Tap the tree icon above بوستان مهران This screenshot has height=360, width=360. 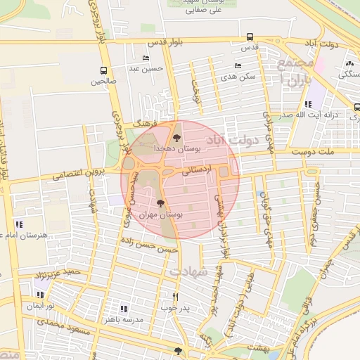(x=161, y=203)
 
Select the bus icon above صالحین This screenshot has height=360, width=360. (x=104, y=70)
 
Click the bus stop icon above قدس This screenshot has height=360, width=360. (x=250, y=37)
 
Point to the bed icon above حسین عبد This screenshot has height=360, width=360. (x=146, y=58)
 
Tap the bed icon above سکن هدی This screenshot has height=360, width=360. (x=238, y=65)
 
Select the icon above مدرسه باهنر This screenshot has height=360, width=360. (x=124, y=308)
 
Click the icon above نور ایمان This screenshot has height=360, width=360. (x=38, y=295)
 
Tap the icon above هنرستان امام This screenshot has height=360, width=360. (x=19, y=224)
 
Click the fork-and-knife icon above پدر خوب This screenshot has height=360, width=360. (x=175, y=297)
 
